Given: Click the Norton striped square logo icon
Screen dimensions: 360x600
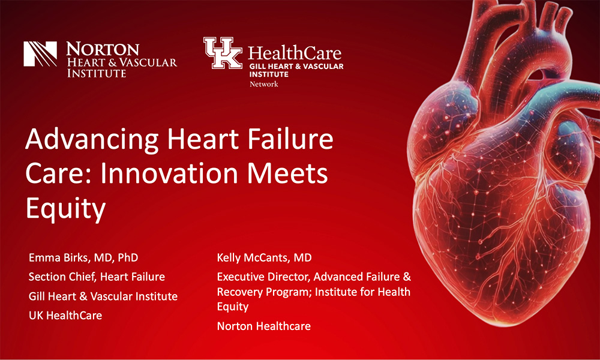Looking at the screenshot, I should coord(40,54).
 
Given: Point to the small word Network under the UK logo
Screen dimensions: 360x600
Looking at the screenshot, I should coord(263,85).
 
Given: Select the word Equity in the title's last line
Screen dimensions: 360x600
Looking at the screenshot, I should coord(65,208).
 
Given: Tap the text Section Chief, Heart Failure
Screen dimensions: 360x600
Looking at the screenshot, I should coord(97,277).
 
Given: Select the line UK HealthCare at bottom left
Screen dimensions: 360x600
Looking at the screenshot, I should coord(65,315).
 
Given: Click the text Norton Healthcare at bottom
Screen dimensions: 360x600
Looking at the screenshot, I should coord(263,326).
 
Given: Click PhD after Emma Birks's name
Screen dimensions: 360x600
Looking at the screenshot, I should coord(127,257).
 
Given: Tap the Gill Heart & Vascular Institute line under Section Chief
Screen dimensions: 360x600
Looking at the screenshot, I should coord(103,296).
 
